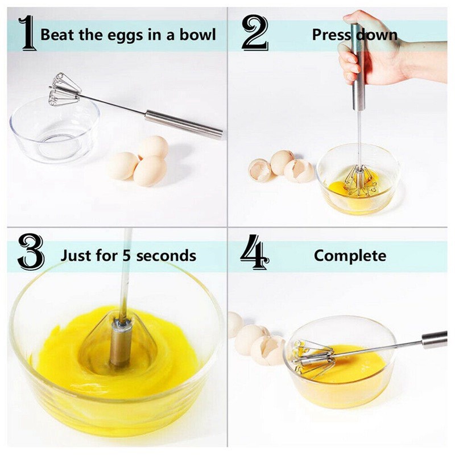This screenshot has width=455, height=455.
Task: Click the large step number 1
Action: pyautogui.click(x=28, y=33)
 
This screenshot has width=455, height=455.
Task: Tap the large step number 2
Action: pyautogui.click(x=255, y=32)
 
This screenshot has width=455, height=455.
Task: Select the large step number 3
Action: pyautogui.click(x=31, y=251)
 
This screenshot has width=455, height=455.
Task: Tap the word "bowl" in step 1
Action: pyautogui.click(x=198, y=34)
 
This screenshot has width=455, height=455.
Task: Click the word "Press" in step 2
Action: pyautogui.click(x=332, y=35)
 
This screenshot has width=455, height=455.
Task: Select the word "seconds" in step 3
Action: pyautogui.click(x=166, y=255)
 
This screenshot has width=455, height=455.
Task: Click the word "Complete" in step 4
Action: pyautogui.click(x=350, y=256)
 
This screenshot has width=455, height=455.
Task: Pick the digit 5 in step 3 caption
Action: pyautogui.click(x=126, y=255)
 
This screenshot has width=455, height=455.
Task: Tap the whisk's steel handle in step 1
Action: pyautogui.click(x=183, y=124)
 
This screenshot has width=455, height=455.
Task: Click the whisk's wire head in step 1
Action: pyautogui.click(x=64, y=89)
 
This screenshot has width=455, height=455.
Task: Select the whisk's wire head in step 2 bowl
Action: pyautogui.click(x=360, y=180)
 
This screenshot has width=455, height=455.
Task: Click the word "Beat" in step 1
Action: pyautogui.click(x=58, y=34)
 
